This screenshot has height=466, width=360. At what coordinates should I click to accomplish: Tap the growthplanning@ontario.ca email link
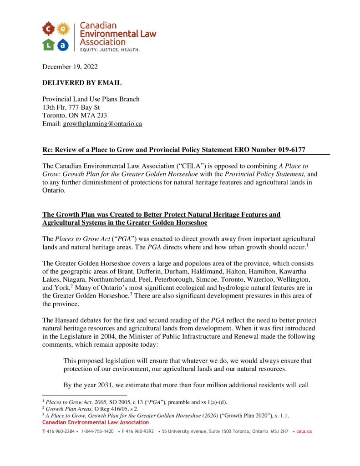(102, 124)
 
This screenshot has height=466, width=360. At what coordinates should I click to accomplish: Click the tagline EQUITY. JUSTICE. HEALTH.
(110, 49)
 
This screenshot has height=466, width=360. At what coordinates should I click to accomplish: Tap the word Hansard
(68, 319)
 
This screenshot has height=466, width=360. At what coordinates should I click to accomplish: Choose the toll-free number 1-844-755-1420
(97, 431)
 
